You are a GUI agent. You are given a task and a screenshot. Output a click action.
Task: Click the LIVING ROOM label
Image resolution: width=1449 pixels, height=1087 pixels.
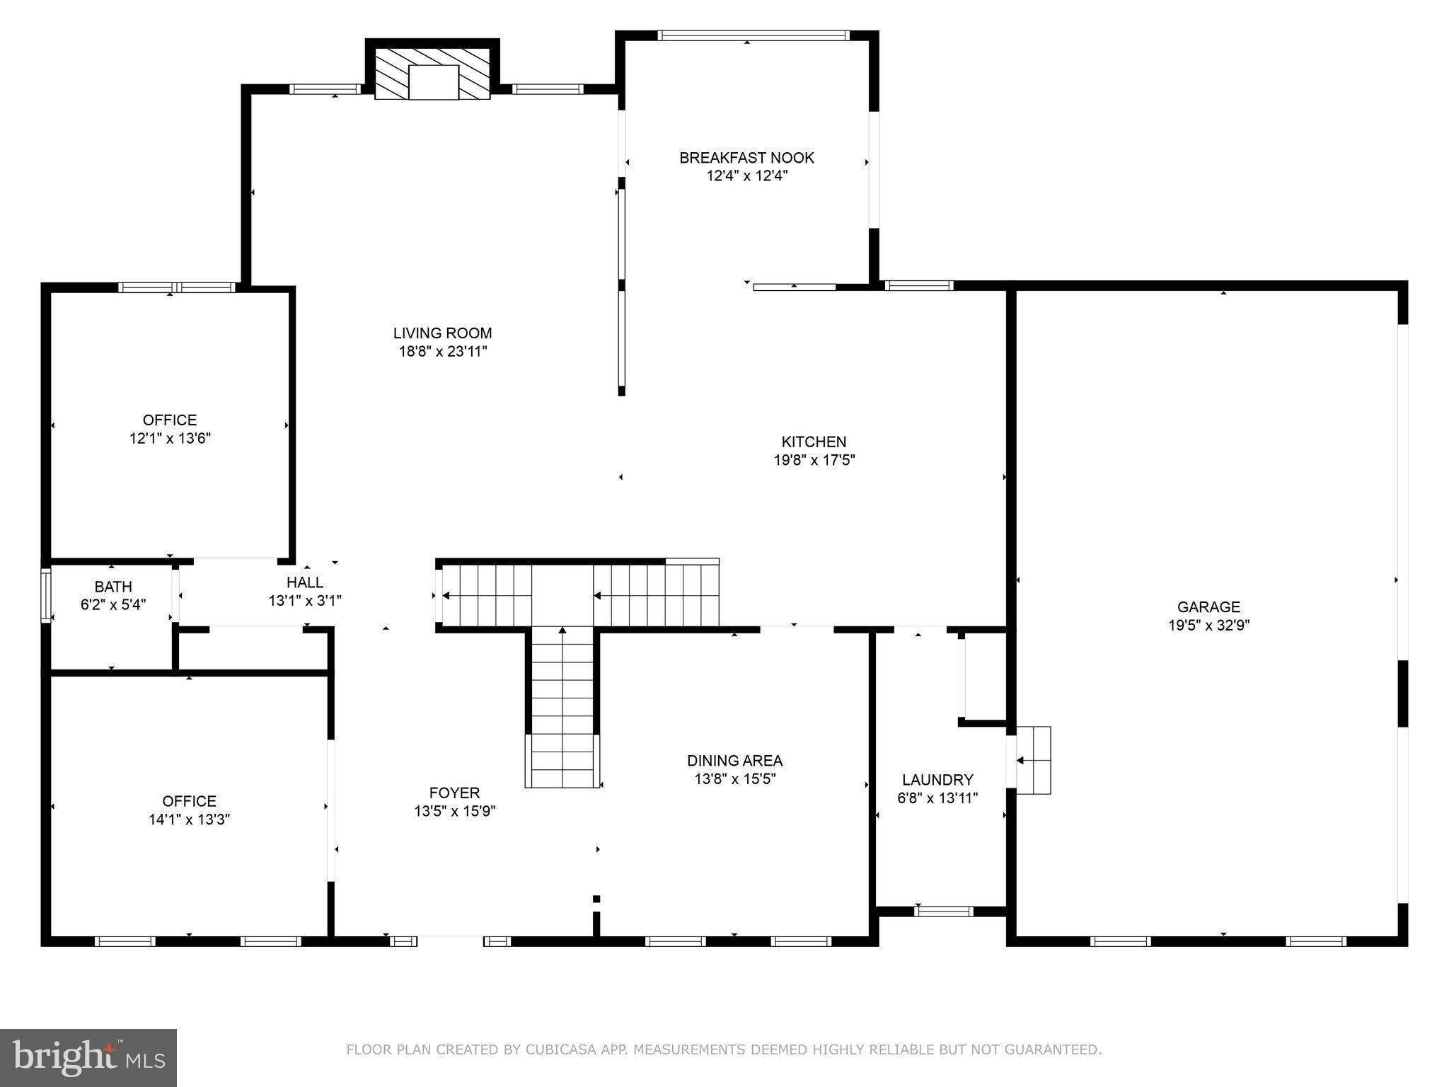tap(442, 333)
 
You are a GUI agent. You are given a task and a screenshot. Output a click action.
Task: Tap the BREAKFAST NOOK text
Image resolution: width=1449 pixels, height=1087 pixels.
tap(746, 158)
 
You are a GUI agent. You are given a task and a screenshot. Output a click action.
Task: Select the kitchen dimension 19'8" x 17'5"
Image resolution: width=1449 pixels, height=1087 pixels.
tap(814, 460)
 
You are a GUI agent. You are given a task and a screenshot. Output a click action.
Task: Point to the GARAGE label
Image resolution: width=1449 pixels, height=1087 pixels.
tap(1208, 606)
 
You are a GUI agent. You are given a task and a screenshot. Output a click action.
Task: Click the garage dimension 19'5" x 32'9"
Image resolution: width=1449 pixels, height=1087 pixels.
tap(1208, 625)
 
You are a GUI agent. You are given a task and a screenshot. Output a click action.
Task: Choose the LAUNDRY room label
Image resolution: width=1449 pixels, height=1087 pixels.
tap(937, 780)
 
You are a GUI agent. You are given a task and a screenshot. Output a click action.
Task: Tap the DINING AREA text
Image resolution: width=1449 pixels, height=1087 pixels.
tap(734, 761)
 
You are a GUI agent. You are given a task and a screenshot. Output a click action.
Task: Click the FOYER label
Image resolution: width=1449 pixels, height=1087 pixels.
tap(454, 793)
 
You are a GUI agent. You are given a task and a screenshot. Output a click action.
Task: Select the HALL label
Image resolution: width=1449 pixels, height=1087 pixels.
tap(305, 582)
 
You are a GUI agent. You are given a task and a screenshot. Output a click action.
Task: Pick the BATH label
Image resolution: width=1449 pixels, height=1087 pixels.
tap(113, 587)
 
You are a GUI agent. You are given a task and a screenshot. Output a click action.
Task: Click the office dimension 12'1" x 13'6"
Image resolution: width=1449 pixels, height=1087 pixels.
tap(170, 439)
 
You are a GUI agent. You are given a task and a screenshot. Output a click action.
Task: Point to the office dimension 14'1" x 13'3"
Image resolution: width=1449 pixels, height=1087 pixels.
tap(189, 819)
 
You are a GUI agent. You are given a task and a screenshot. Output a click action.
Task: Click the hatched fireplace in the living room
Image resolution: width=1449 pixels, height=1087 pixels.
tap(432, 74)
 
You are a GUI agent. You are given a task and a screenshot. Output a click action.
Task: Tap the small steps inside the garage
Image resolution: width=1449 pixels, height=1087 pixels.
tap(1034, 760)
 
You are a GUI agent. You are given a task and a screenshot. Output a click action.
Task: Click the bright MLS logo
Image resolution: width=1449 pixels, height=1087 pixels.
tap(88, 1058)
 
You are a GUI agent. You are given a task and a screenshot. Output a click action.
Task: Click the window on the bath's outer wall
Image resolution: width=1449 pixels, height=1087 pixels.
tap(46, 594)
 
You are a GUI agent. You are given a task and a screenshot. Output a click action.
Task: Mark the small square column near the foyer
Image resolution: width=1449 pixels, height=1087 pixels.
tap(596, 899)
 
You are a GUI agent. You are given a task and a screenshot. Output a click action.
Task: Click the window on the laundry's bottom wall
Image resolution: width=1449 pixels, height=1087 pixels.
tap(943, 911)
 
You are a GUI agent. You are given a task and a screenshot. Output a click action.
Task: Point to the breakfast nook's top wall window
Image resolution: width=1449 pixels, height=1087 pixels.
tap(753, 35)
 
